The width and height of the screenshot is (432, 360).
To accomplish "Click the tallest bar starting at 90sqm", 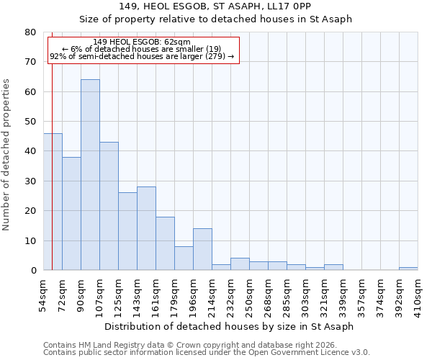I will click(x=90, y=175).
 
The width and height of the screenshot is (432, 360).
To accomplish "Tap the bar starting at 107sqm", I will click(x=109, y=206).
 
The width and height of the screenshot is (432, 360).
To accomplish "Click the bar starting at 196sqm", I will click(x=202, y=249).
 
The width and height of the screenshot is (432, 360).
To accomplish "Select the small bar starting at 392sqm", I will click(x=408, y=269).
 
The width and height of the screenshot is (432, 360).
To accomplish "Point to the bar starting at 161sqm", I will click(x=165, y=243).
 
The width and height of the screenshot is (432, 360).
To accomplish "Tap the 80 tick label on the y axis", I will click(x=30, y=32).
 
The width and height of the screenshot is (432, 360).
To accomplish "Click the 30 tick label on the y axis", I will click(x=30, y=181).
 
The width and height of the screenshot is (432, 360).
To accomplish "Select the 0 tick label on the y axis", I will click(x=33, y=271).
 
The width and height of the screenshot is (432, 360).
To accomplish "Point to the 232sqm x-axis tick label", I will click(x=230, y=294).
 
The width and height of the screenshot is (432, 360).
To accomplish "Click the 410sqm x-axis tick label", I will click(x=418, y=294).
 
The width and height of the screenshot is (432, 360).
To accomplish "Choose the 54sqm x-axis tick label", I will click(x=43, y=294).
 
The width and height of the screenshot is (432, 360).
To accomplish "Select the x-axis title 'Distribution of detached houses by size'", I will click(x=229, y=326).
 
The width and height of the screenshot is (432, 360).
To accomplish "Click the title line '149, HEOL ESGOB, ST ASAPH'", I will click(x=215, y=6).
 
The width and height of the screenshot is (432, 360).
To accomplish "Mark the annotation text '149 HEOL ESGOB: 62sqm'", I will click(x=142, y=42).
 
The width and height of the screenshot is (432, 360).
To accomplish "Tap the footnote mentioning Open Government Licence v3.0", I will click(x=207, y=353).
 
